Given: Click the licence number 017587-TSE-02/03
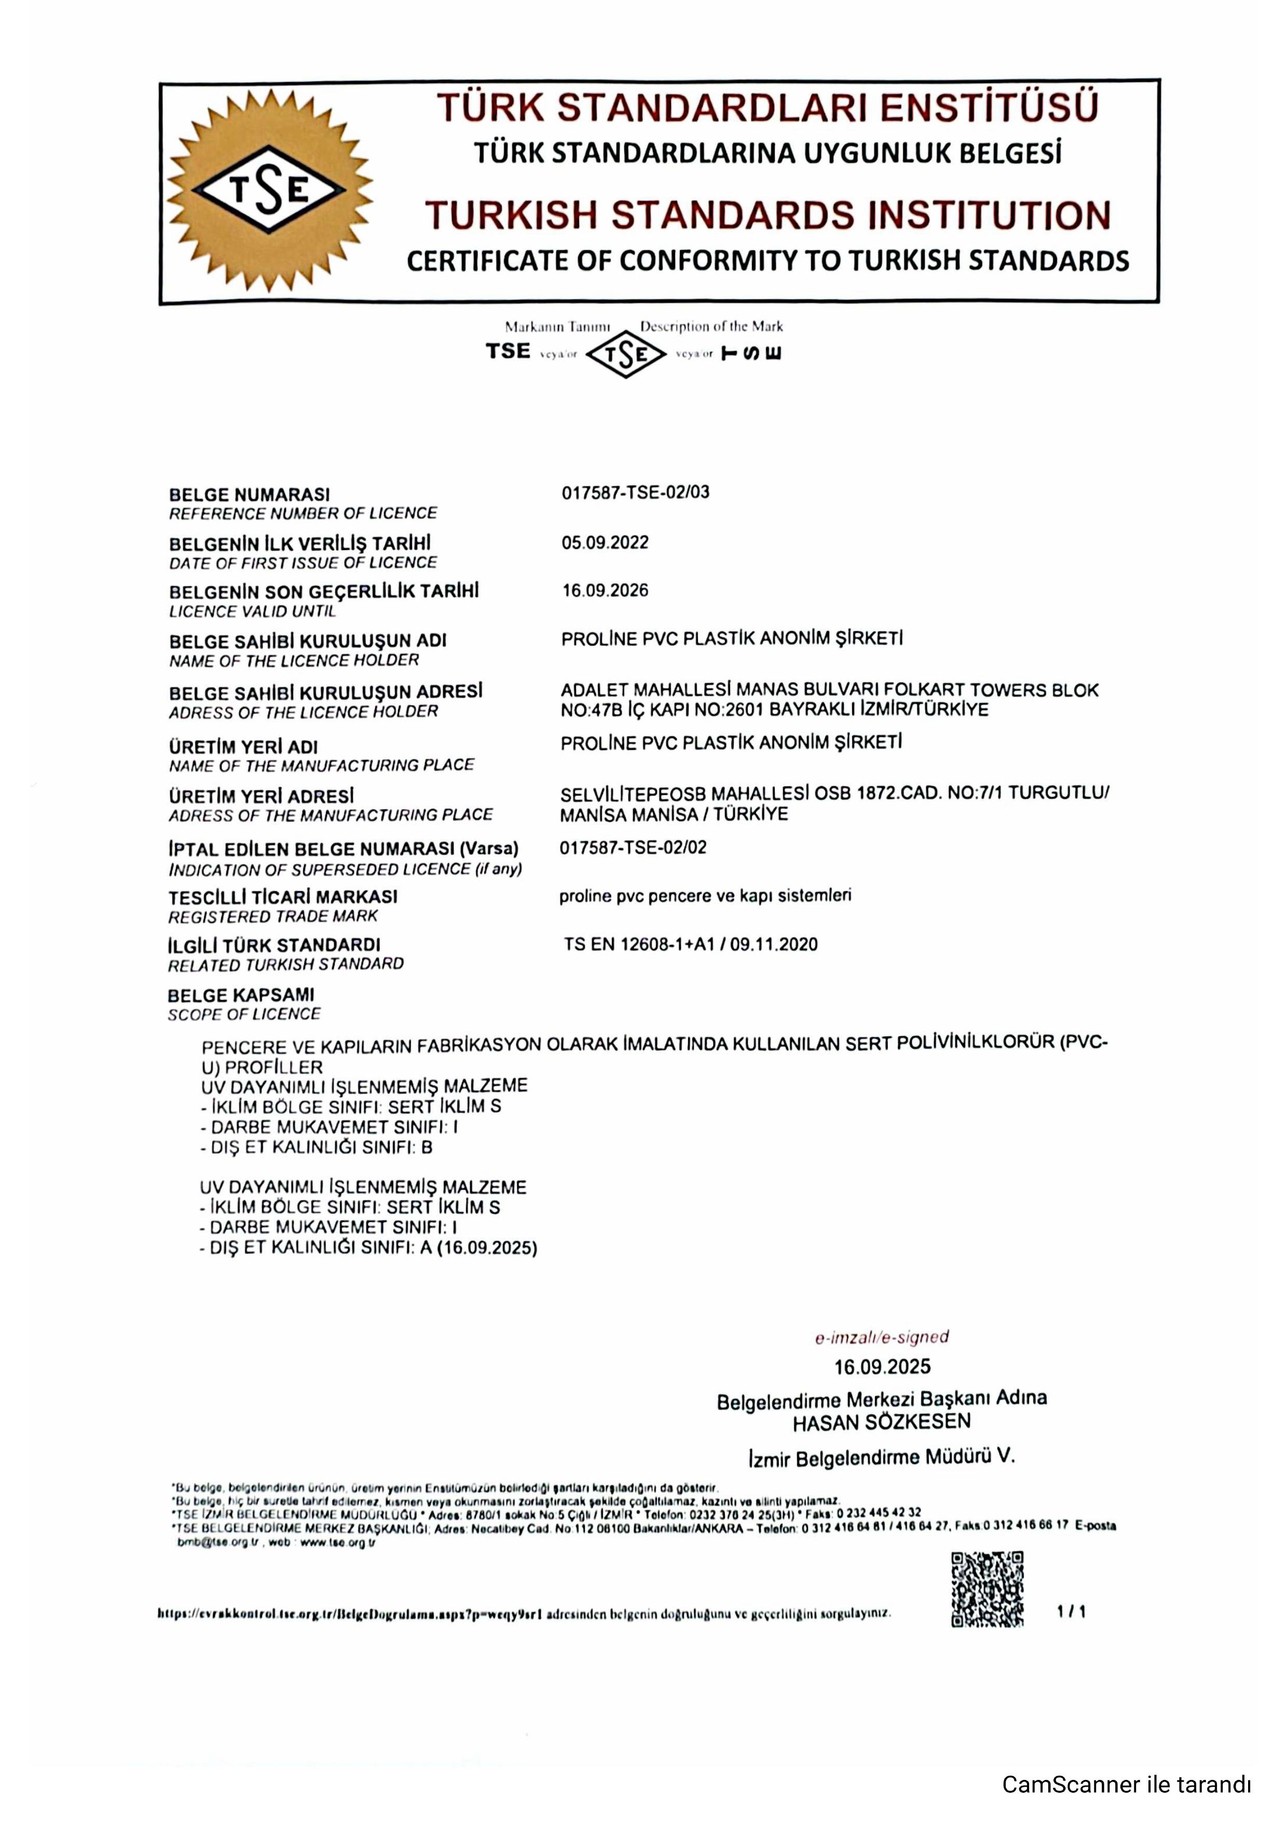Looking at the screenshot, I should [x=635, y=492].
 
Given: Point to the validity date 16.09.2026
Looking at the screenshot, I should [x=605, y=591].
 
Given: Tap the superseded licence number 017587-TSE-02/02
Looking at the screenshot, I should [x=633, y=848].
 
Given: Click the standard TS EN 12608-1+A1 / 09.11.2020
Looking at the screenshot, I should [x=691, y=944].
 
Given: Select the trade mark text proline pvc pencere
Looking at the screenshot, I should [x=705, y=896].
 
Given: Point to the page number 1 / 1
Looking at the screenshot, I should [x=1071, y=1612].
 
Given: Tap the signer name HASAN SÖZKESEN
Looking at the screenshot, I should [x=881, y=1423].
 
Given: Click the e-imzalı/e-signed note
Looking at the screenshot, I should [x=882, y=1338].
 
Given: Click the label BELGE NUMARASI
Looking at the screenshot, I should [x=249, y=495].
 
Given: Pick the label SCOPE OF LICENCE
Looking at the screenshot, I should [x=244, y=1015].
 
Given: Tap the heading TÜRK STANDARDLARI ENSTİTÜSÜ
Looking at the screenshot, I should [x=768, y=108].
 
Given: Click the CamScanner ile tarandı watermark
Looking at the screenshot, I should [x=1126, y=1785].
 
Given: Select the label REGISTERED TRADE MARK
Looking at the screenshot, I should [x=273, y=917].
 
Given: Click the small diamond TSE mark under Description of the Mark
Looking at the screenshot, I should [x=626, y=354].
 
